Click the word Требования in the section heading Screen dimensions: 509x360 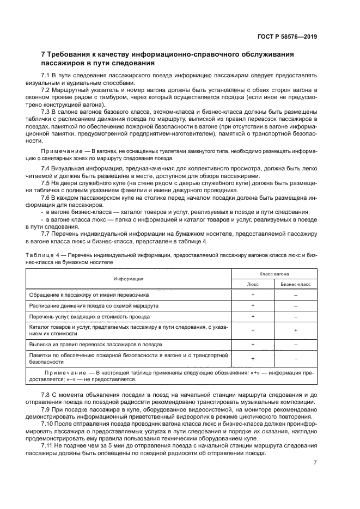[x=70, y=55]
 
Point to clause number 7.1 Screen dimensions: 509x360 [x=46, y=74]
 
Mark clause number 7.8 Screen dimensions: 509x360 [x=46, y=394]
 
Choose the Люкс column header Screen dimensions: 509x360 [x=253, y=284]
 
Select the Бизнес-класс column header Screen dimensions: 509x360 [x=295, y=284]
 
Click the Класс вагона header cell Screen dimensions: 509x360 [x=274, y=273]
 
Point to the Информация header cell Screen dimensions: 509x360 [x=129, y=278]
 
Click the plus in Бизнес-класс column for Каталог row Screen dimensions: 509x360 [x=295, y=330]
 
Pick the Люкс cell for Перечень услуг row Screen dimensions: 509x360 [x=253, y=316]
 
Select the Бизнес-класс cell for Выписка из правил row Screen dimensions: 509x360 [x=295, y=344]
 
